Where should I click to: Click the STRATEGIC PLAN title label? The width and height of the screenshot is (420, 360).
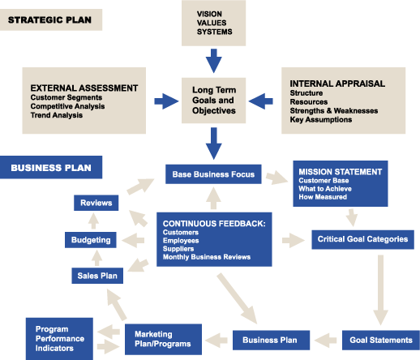click(51, 19)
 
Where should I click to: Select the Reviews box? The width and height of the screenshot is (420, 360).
click(96, 203)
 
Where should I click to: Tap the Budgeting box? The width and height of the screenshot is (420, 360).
click(91, 240)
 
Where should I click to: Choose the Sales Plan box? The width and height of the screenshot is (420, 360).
click(97, 276)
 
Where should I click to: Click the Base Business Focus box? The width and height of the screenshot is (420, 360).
click(213, 174)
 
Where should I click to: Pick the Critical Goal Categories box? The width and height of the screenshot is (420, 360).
click(362, 239)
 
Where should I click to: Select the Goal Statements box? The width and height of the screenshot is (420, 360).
click(381, 340)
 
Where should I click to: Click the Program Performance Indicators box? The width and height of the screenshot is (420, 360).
click(59, 339)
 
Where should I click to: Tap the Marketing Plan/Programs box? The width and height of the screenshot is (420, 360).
click(163, 339)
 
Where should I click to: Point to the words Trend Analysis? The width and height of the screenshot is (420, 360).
click(57, 115)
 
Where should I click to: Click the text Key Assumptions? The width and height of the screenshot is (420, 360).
click(321, 119)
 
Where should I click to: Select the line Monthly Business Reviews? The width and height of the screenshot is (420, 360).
click(207, 257)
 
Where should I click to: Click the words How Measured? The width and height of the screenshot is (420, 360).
click(323, 197)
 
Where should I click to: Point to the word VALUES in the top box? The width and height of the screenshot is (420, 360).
click(212, 23)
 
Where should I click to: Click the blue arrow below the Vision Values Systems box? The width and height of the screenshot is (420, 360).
click(214, 61)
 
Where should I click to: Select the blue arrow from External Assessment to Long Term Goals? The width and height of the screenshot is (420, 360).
click(166, 101)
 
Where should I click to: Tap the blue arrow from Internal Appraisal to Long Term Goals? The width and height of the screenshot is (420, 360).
click(261, 101)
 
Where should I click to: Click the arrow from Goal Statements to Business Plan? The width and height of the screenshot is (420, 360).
click(325, 341)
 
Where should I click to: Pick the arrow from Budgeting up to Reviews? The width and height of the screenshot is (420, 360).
click(93, 221)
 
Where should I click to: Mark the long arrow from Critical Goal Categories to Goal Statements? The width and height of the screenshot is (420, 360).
click(380, 289)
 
